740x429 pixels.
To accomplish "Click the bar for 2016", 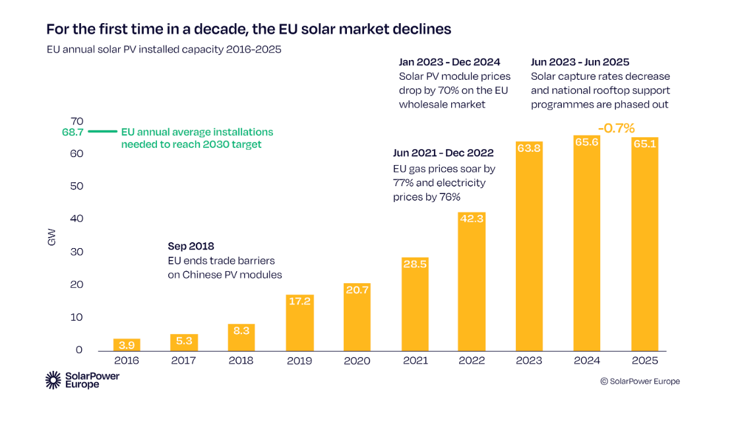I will [127, 345].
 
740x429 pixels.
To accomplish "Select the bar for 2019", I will [299, 323].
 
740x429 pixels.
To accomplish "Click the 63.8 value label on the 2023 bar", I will [529, 148].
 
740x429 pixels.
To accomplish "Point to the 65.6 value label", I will [586, 142].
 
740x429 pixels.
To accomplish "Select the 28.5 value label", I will [414, 264].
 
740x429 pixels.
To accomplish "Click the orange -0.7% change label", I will [615, 128].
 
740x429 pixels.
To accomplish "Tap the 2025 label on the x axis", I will [644, 360].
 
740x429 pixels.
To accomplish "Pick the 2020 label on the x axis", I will [357, 360].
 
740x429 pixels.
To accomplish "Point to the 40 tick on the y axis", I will [77, 218].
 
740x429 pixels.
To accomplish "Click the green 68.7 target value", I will [73, 132].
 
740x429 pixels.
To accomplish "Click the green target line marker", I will [102, 132].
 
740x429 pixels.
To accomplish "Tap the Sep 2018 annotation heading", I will [191, 246].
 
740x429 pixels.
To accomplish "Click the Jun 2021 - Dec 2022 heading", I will [443, 153].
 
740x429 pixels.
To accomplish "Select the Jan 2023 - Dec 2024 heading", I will [450, 62].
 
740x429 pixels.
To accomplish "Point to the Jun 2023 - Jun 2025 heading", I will [580, 62].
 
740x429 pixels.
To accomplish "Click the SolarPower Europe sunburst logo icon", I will [53, 379].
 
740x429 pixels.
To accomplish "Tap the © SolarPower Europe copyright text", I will [639, 381].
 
